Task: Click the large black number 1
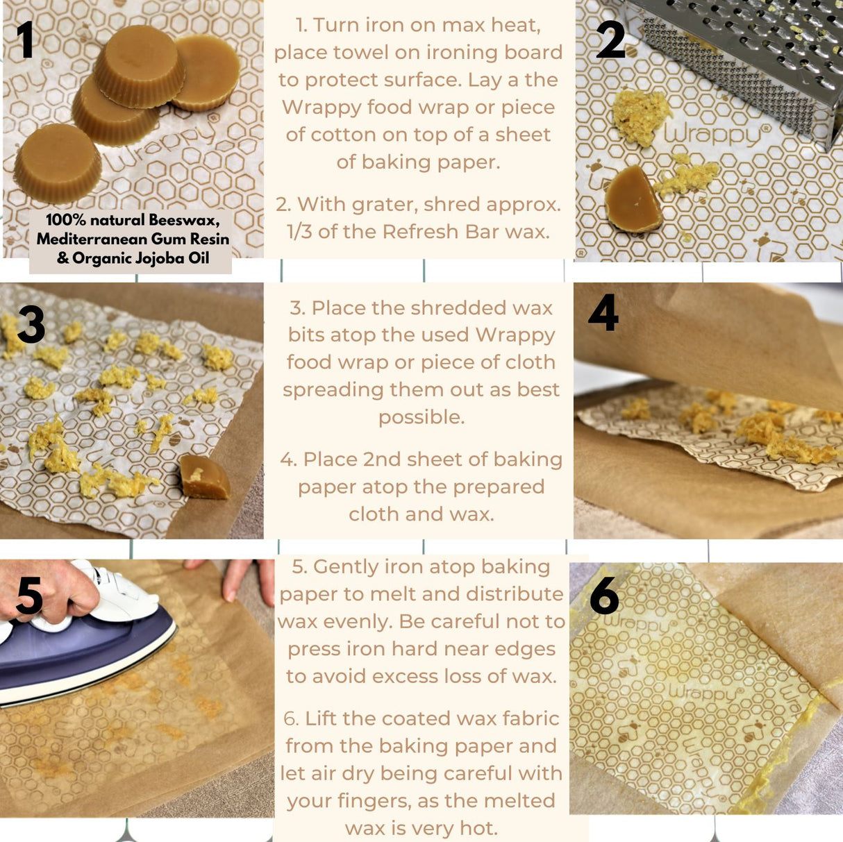tap(26, 40)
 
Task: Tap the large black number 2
tap(610, 40)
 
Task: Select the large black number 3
tap(31, 325)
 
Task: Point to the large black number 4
tap(603, 312)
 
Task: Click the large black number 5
tap(29, 595)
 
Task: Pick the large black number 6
tap(604, 596)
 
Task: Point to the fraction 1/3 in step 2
tap(300, 231)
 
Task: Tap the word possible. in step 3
tap(421, 417)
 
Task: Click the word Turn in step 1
tap(336, 25)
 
